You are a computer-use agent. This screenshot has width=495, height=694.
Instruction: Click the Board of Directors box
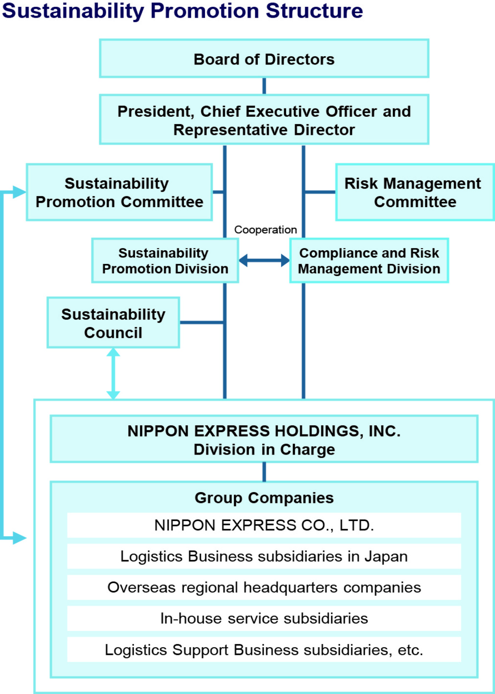tap(264, 58)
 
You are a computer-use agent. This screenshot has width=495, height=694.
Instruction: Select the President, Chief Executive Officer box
tap(264, 120)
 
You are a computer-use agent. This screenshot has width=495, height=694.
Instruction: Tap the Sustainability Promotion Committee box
tap(119, 193)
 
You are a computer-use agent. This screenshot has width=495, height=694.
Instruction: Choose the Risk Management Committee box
tap(415, 193)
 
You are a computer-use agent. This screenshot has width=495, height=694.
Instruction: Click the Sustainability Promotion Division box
tap(165, 260)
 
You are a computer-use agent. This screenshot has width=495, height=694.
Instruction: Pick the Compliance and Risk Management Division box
tap(369, 260)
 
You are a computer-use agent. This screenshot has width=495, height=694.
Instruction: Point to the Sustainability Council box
tap(113, 323)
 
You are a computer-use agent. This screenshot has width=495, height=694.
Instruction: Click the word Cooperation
tap(266, 230)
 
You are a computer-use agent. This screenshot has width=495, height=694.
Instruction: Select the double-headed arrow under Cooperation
tap(264, 260)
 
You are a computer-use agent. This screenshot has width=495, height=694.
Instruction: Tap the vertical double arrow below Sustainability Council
tap(113, 374)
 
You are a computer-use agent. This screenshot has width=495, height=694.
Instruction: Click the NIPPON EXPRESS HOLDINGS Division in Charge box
tap(264, 439)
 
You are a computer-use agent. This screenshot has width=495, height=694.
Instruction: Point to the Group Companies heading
tap(264, 498)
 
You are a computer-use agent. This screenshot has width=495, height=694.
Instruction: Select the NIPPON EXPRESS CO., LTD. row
tap(264, 525)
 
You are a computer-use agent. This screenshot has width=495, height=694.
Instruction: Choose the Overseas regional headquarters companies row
tap(264, 587)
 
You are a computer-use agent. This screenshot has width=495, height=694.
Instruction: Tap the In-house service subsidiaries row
tap(264, 618)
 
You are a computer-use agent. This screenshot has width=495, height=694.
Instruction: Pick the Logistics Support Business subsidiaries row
tap(264, 650)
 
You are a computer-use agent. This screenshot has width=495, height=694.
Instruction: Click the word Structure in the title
tap(314, 11)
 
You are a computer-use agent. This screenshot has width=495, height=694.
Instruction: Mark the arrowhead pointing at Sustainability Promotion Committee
tap(20, 192)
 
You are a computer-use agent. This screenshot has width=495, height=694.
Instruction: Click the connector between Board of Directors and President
tap(264, 86)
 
